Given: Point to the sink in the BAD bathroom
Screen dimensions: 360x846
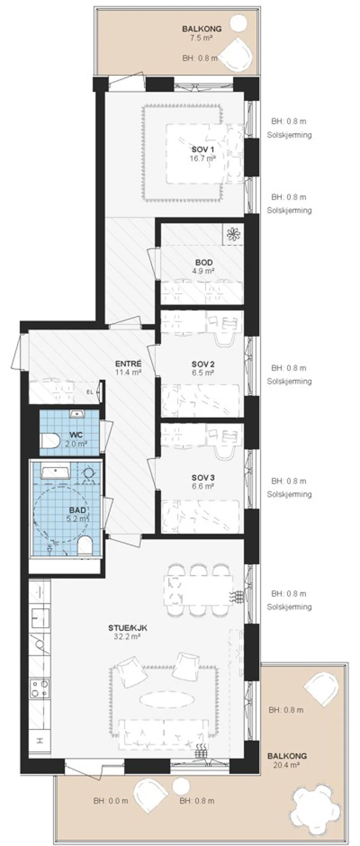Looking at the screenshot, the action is (x=55, y=471).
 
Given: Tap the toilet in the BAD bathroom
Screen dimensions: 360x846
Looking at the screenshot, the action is (x=85, y=545).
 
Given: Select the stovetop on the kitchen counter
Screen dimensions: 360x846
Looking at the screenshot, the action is (x=39, y=688).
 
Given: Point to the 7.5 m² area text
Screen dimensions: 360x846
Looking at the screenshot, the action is (x=201, y=38).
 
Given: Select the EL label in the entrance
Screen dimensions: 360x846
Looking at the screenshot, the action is (x=90, y=392).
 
